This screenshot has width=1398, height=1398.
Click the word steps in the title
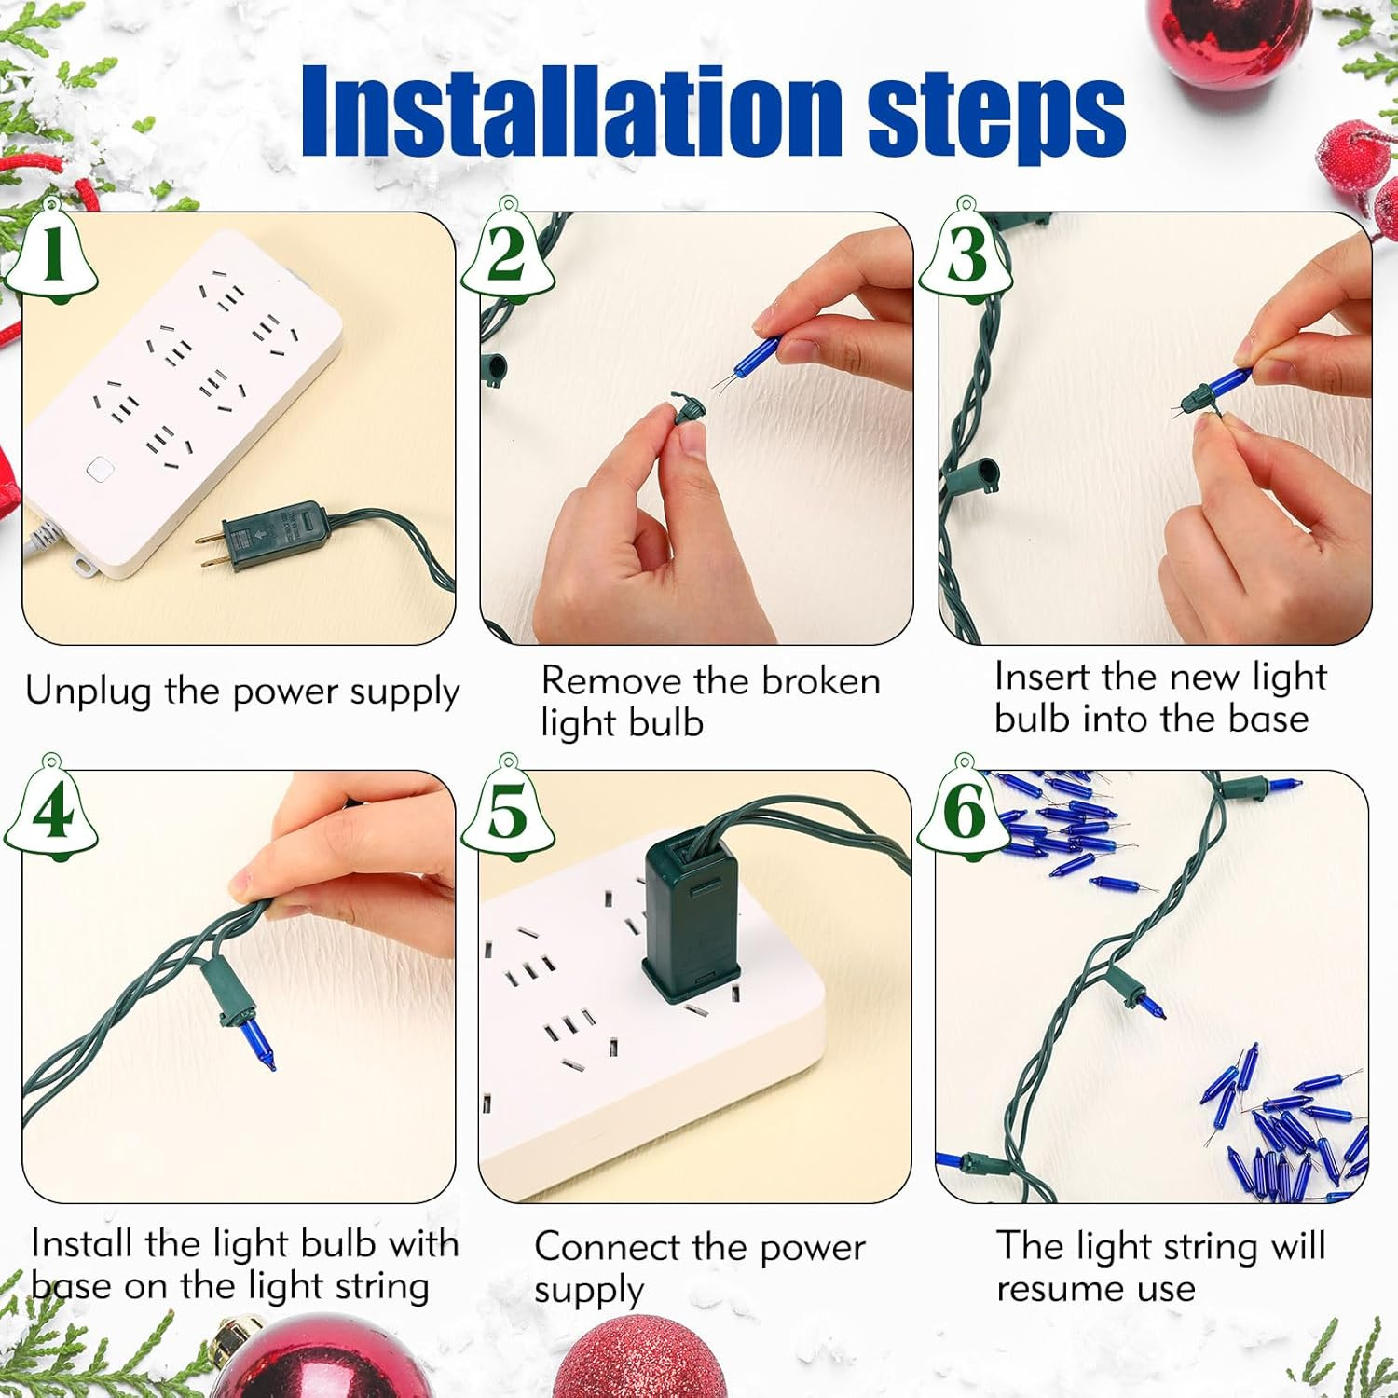pos(997,117)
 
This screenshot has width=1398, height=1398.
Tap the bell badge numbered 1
pos(52,252)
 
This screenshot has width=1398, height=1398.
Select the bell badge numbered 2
pos(508,252)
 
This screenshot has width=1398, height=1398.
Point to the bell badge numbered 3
pos(966,252)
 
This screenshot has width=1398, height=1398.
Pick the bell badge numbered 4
pos(52,809)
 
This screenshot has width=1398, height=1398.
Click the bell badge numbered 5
pos(508,809)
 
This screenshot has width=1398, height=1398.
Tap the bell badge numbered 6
pos(965,809)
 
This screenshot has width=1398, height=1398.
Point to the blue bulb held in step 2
pos(756,356)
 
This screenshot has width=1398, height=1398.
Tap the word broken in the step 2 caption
pos(820,681)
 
